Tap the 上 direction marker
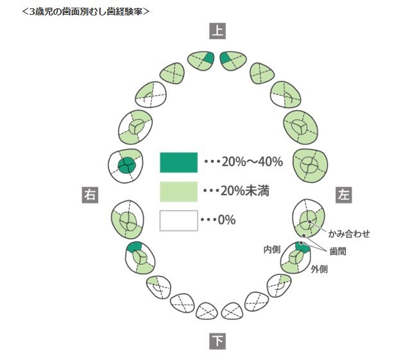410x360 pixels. click(x=218, y=30)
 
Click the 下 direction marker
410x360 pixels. click(x=218, y=341)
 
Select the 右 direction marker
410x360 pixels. click(x=89, y=194)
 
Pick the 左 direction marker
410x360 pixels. click(x=343, y=194)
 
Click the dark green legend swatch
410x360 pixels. click(x=178, y=162)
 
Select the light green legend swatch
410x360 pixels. click(x=178, y=191)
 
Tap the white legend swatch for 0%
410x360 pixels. click(x=178, y=220)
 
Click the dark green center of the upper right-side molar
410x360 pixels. click(x=127, y=164)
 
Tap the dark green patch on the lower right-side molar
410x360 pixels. click(x=135, y=247)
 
